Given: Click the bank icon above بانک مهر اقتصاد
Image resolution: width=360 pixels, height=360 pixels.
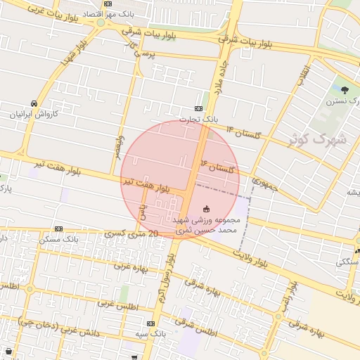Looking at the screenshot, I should click(x=107, y=4).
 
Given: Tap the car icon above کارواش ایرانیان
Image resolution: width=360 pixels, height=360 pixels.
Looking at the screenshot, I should click(x=34, y=103).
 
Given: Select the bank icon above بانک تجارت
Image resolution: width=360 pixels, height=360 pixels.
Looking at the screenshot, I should click(x=199, y=109).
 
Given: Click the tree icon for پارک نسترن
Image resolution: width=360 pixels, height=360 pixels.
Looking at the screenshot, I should click(x=344, y=89).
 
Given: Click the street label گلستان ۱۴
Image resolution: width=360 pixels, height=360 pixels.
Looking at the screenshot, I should click(x=243, y=131).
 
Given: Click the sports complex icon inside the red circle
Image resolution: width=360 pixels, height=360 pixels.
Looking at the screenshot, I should click(x=206, y=209).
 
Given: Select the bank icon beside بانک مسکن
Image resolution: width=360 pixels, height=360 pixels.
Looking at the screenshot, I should click(x=58, y=229).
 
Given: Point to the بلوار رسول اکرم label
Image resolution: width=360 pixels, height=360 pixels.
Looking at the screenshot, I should click(x=164, y=281).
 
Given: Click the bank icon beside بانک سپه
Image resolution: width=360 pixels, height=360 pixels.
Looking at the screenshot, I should click(x=150, y=323).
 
